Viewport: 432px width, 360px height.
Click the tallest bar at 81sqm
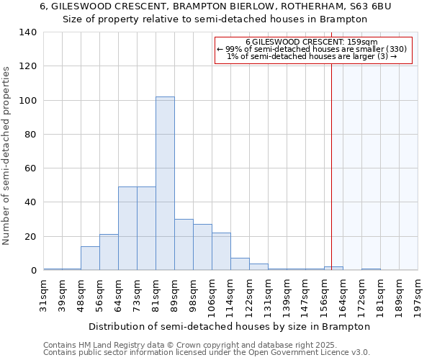pos(165,184)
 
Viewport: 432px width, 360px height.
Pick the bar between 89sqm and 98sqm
pos(184,245)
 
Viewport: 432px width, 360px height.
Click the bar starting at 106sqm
pos(221,252)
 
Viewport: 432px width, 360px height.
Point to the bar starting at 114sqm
pos(240,264)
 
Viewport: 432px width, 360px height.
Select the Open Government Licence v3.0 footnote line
pos(207,352)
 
